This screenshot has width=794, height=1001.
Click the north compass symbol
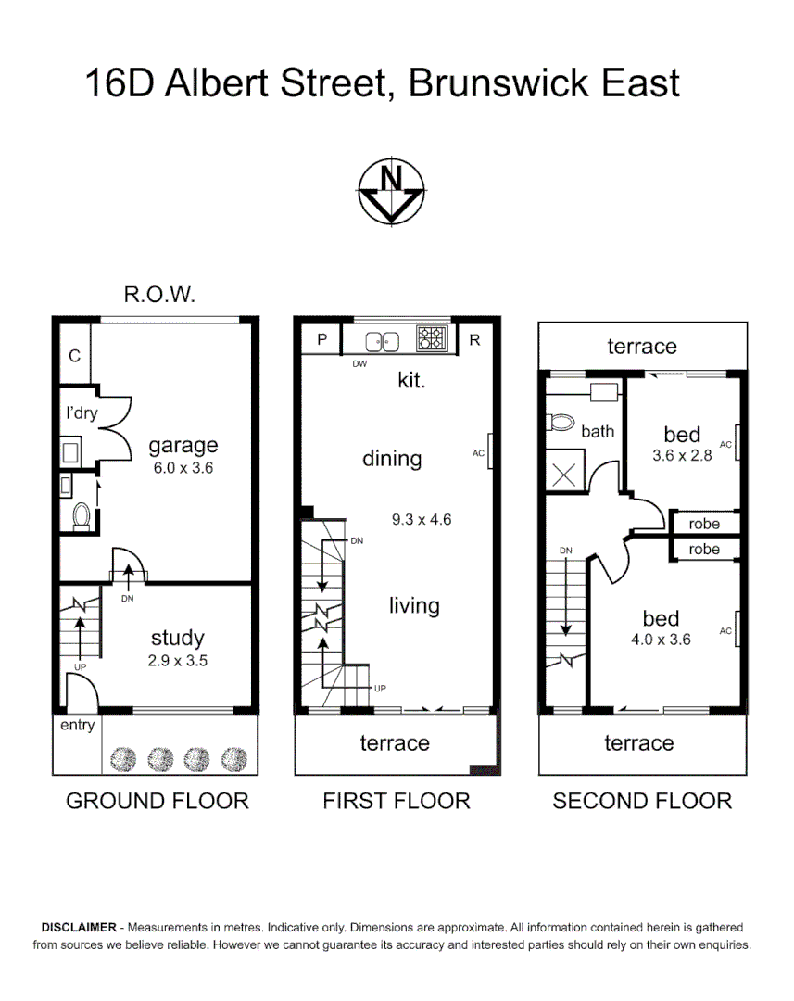pos(391,191)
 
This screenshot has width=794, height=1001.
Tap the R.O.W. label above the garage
pos(159,295)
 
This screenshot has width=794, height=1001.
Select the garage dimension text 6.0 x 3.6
pos(183,468)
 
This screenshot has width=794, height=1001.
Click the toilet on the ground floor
pos(82,516)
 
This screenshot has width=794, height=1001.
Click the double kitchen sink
pos(382,340)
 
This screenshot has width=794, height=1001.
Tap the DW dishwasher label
pos(360,364)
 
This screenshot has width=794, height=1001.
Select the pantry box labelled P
pos(321,339)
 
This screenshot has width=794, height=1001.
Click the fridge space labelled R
pos(474,339)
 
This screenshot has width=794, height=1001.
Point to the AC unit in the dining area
pos(490,453)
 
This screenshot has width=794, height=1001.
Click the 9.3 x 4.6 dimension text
pos(421,519)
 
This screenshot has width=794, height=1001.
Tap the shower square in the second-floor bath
pos(564,472)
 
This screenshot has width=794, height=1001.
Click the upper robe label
pos(704,524)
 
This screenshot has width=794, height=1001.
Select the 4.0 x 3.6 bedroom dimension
pos(661,639)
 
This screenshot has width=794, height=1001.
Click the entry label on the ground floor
pos(77,726)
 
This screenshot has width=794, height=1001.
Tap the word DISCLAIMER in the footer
pos(79,928)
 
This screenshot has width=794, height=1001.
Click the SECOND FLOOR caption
pos(642,801)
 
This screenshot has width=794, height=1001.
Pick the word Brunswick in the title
pos(498,83)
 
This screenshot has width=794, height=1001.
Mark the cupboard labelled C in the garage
pos(74,355)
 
